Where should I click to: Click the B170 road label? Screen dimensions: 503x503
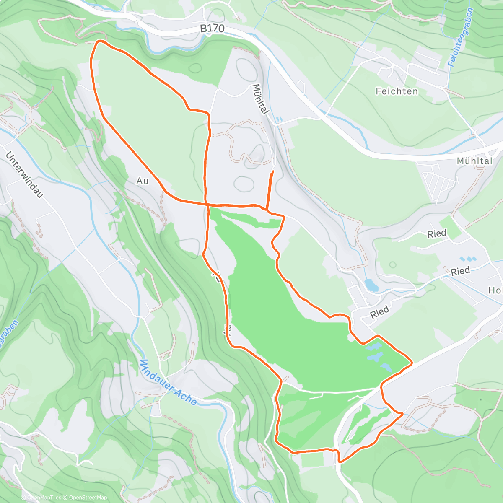212,29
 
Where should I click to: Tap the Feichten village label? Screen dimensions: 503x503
397,91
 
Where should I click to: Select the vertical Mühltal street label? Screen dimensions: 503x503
260,99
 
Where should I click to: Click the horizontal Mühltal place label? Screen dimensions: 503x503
474,161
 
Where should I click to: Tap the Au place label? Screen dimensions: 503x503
143,181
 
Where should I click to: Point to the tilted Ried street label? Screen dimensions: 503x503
379,312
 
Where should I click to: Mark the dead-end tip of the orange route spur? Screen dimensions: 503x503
273,171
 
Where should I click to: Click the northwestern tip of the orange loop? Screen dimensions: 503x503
99,41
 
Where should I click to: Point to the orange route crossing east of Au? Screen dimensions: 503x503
207,204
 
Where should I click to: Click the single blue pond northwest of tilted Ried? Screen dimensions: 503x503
371,285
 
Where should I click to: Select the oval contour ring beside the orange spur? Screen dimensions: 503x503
244,183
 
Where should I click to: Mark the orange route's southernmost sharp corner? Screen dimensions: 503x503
339,462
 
